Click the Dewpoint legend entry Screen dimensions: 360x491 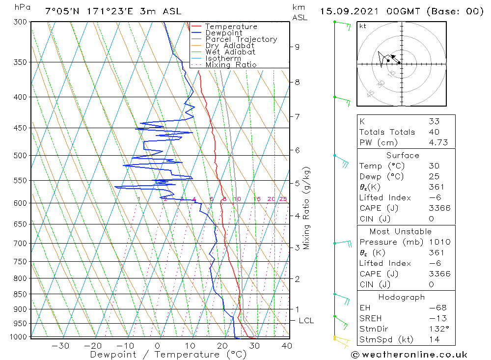223,33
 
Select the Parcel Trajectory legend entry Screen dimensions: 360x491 241,39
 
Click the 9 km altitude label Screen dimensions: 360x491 297,47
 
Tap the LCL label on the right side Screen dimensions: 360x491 306,321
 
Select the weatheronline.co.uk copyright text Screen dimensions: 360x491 409,355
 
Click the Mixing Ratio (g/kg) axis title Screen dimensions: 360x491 307,208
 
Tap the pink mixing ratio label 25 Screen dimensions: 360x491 283,199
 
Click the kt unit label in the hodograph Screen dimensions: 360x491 363,26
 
